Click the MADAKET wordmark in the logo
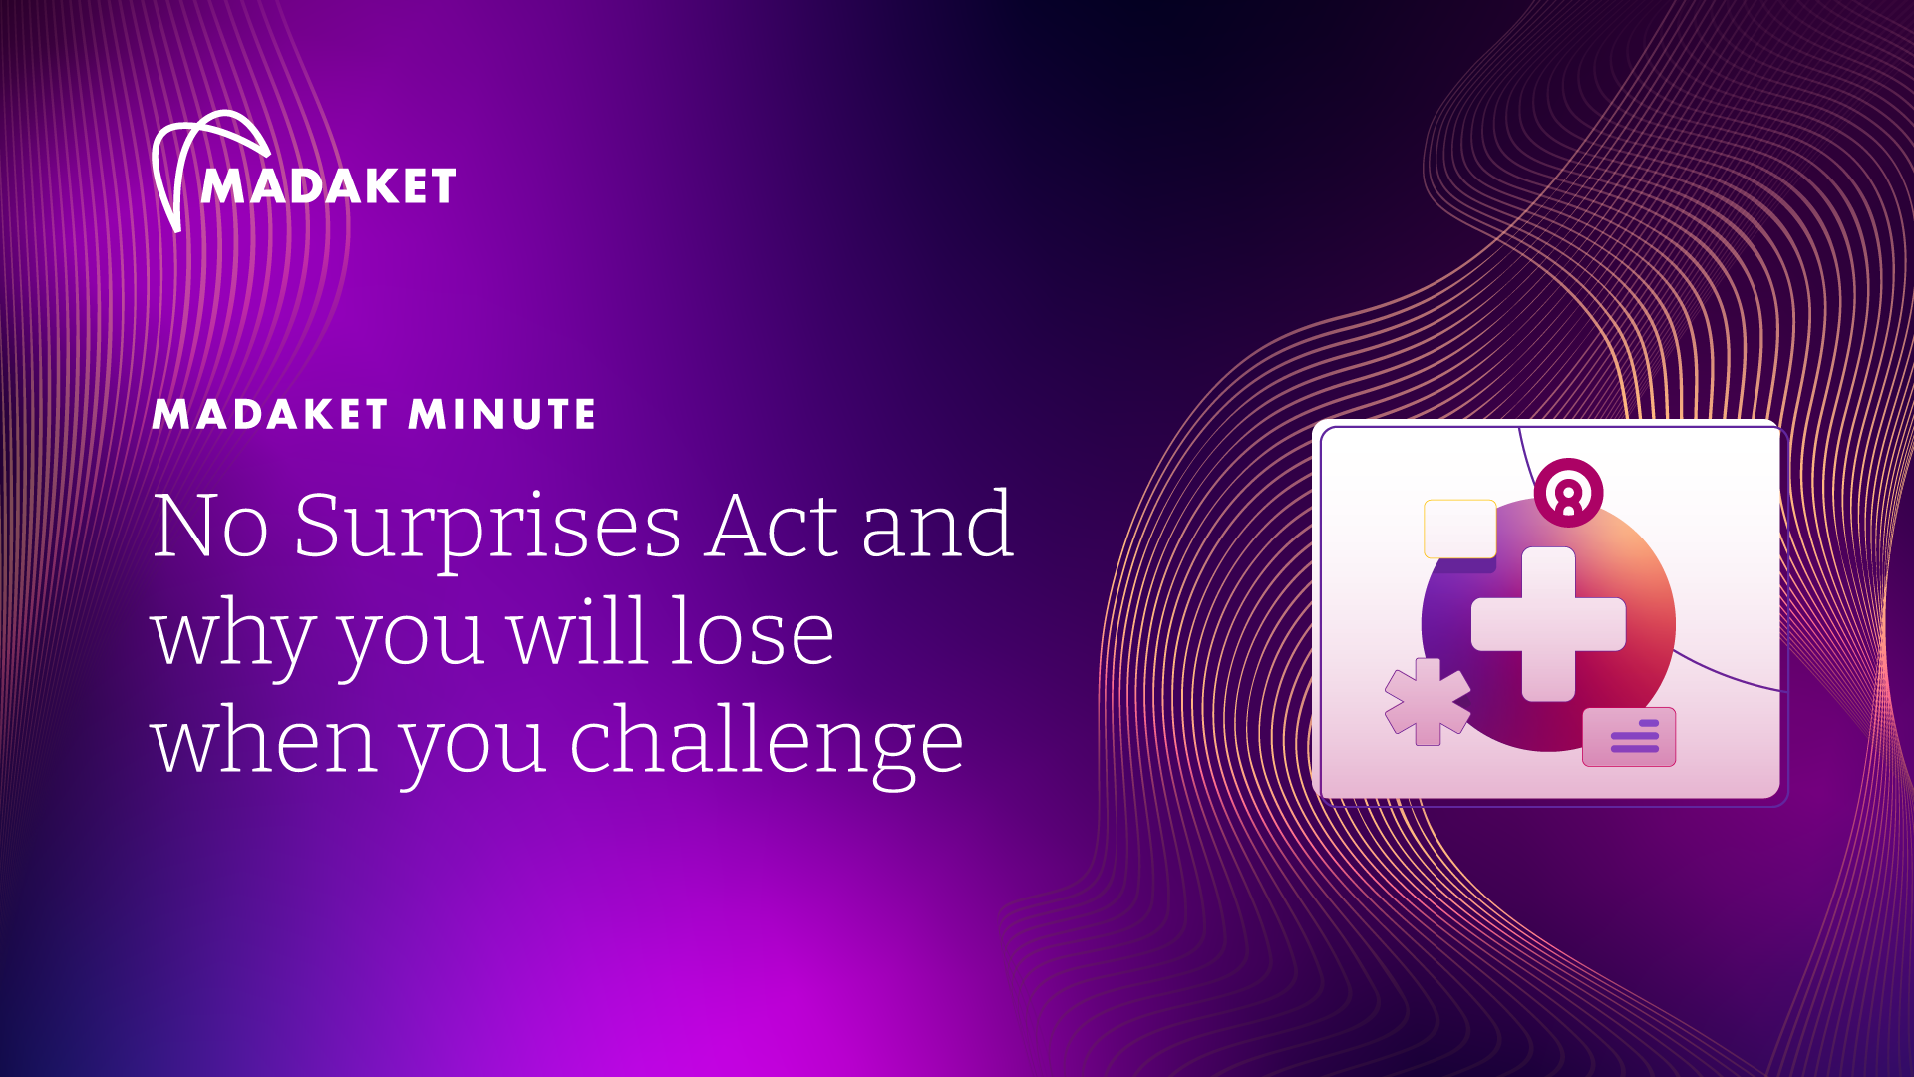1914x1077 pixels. pyautogui.click(x=328, y=186)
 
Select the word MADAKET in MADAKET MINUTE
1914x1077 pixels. pyautogui.click(x=270, y=414)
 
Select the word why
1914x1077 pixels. pyautogui.click(x=232, y=638)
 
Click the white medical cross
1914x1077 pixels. pyautogui.click(x=1548, y=624)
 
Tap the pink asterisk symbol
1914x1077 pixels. pyautogui.click(x=1428, y=701)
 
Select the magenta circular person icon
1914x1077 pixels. pyautogui.click(x=1568, y=493)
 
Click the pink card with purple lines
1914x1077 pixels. pyautogui.click(x=1629, y=737)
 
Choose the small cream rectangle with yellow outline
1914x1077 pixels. pyautogui.click(x=1460, y=529)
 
